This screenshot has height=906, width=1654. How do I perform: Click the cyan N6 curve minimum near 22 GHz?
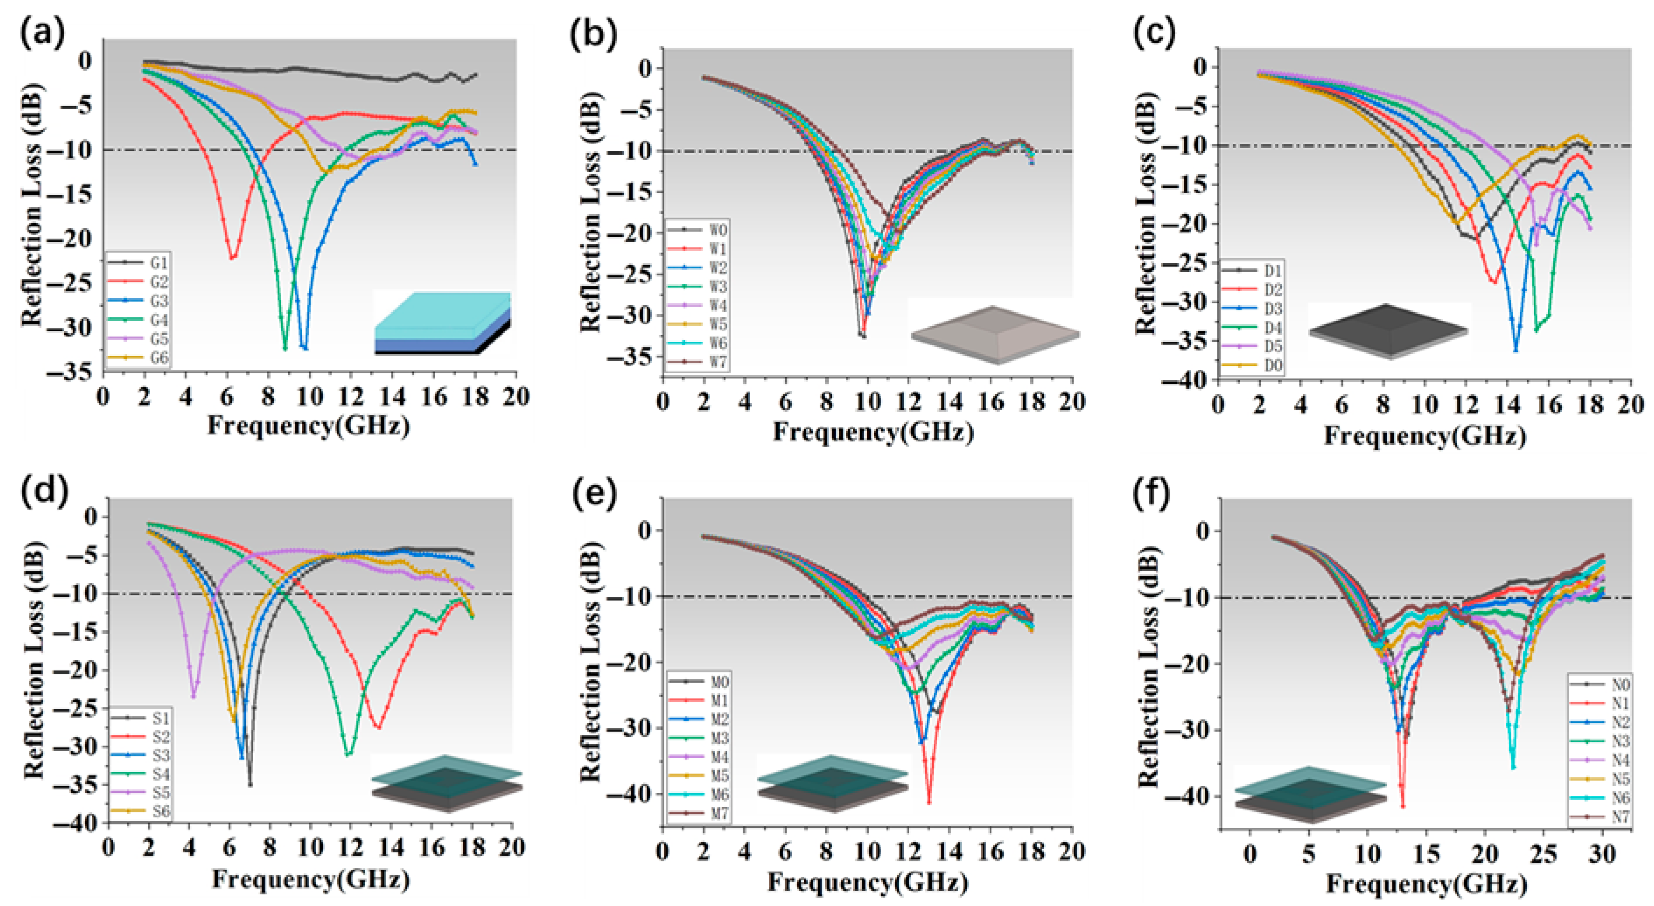point(1513,767)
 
